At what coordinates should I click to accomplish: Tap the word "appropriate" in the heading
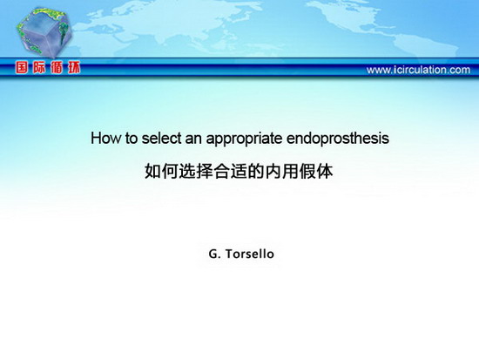coord(244,139)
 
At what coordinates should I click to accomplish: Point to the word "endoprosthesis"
coord(338,139)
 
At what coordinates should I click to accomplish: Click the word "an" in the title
coord(193,139)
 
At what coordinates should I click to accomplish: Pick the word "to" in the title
coord(132,139)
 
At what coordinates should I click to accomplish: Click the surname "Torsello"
coord(250,254)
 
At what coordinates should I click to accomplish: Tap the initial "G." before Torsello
coord(215,254)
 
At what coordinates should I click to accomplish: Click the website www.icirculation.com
coord(418,70)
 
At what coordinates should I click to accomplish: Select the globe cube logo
coord(44,32)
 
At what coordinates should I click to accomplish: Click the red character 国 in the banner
coord(22,68)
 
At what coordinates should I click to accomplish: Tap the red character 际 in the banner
coord(39,68)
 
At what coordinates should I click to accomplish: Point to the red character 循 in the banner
coord(57,68)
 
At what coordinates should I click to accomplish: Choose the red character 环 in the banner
coord(74,68)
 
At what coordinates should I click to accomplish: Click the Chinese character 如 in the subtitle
coord(153,171)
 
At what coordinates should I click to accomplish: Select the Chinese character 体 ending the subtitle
coord(325,171)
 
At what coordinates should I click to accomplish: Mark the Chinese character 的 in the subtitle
coord(256,171)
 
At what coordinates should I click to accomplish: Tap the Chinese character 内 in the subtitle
coord(273,171)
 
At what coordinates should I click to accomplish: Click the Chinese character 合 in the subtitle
coord(222,171)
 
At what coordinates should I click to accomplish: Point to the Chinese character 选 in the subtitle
coord(187,171)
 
